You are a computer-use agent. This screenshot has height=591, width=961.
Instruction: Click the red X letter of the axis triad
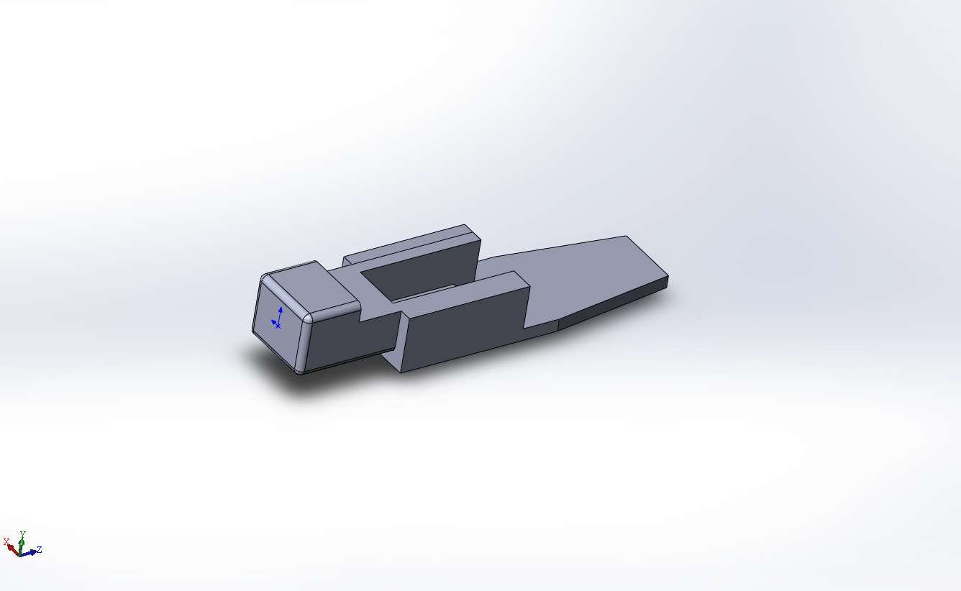pyautogui.click(x=6, y=541)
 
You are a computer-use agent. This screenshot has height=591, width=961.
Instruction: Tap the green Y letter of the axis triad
pyautogui.click(x=23, y=534)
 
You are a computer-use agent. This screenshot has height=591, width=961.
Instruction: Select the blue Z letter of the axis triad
pyautogui.click(x=39, y=549)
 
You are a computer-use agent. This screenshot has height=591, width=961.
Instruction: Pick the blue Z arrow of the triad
pyautogui.click(x=28, y=553)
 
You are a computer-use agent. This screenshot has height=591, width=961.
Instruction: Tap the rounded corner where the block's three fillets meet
pyautogui.click(x=307, y=319)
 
